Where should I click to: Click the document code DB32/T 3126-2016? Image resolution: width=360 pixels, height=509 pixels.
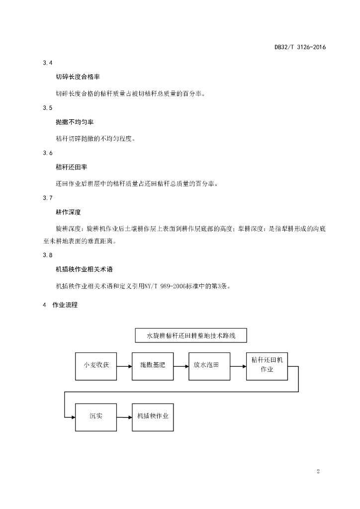tap(300, 47)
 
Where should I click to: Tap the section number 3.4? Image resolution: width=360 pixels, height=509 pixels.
tap(47, 63)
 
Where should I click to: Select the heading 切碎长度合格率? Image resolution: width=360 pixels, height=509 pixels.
tap(78, 77)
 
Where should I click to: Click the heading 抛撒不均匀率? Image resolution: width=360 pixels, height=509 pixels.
tap(75, 122)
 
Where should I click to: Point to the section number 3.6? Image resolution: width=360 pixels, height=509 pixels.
tap(47, 153)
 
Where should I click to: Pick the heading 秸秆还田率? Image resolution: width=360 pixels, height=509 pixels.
tap(72, 167)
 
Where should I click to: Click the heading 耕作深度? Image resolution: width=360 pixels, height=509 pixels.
tap(68, 212)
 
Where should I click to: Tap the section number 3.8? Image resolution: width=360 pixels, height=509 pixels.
tap(47, 255)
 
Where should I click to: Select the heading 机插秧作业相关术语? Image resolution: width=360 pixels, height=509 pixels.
tap(84, 269)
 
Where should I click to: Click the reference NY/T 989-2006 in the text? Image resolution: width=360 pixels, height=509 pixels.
tap(165, 286)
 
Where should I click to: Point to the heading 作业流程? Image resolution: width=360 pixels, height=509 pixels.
tap(65, 305)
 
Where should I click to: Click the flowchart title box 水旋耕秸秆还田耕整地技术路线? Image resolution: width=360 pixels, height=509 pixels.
tap(191, 336)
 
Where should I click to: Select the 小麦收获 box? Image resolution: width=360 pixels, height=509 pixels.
tap(96, 366)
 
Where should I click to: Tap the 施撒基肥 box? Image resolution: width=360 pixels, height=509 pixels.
tap(153, 366)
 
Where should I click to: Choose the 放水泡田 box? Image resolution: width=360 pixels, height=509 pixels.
tap(209, 366)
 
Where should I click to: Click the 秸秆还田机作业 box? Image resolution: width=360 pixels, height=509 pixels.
tap(267, 366)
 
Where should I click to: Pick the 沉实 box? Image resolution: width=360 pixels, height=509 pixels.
tap(96, 418)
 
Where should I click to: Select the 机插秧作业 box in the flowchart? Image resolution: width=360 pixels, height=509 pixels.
tap(153, 418)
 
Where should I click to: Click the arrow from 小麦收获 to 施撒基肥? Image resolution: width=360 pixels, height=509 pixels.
tap(124, 366)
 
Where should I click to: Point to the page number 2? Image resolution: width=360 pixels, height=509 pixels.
tap(318, 471)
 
